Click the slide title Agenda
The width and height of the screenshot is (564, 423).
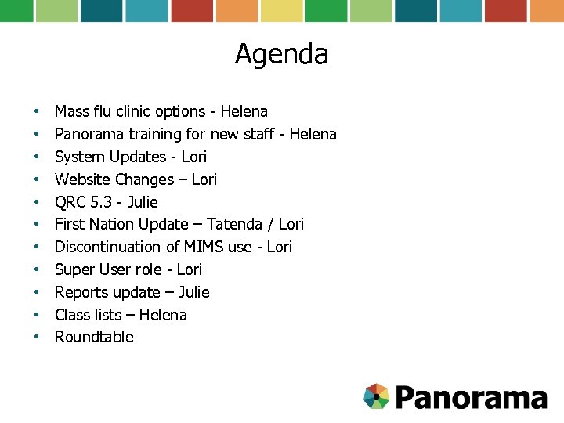[x=281, y=55]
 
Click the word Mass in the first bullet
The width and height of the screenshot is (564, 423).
[x=70, y=112]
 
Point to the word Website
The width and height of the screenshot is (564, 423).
[x=82, y=179]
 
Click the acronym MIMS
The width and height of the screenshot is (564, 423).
[x=204, y=248]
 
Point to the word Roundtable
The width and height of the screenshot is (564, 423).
[x=94, y=338]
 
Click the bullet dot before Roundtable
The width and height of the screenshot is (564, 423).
[x=36, y=338]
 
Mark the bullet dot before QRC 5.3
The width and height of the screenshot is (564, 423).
[x=36, y=202]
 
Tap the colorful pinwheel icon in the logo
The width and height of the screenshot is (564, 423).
[x=377, y=396]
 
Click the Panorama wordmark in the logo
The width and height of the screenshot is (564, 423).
[x=470, y=397]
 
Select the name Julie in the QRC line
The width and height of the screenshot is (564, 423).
[x=142, y=202]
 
